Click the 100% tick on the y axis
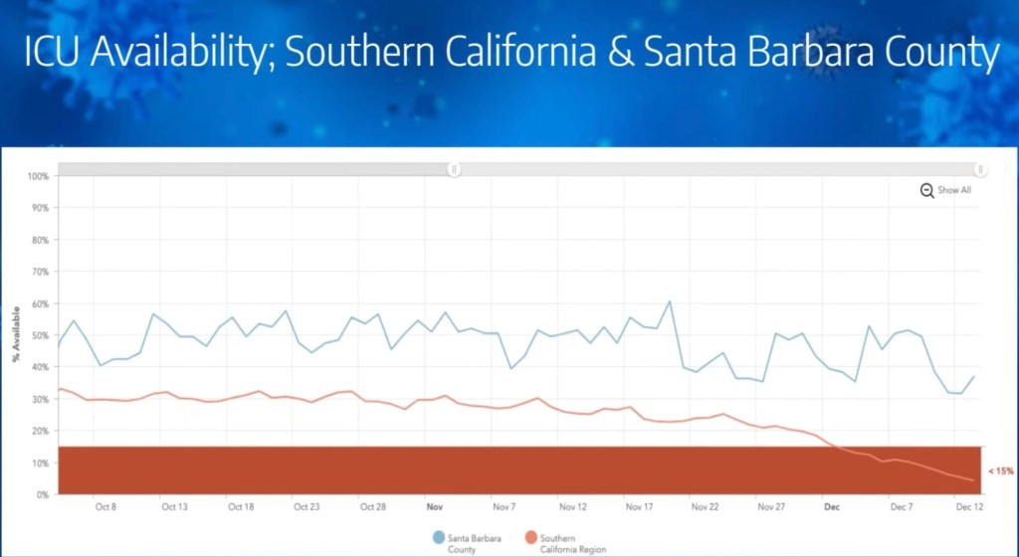click(37, 177)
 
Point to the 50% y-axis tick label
click(39, 335)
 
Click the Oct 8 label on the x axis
click(106, 506)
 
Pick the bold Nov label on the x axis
click(434, 506)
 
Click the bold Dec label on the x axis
click(832, 506)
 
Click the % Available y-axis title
click(16, 335)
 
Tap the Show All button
click(953, 190)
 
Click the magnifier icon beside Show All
click(926, 190)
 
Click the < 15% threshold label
click(1000, 470)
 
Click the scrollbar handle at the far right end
click(980, 169)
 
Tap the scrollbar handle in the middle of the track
click(454, 169)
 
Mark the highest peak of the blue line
click(669, 301)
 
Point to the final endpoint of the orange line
click(972, 480)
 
